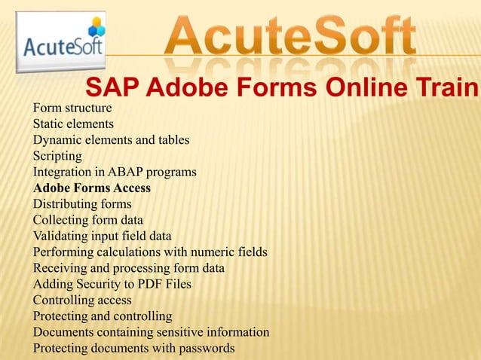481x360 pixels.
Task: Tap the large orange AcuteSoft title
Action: pyautogui.click(x=290, y=38)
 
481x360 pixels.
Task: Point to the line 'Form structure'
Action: pyautogui.click(x=72, y=108)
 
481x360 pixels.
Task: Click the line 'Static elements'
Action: pyautogui.click(x=73, y=124)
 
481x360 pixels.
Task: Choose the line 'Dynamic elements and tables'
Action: pyautogui.click(x=111, y=139)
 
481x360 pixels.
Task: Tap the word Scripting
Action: pyautogui.click(x=57, y=155)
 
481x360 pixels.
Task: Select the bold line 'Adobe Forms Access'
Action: pyautogui.click(x=92, y=188)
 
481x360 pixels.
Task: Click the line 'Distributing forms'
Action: pyautogui.click(x=82, y=203)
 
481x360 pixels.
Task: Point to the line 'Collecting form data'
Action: pyautogui.click(x=88, y=219)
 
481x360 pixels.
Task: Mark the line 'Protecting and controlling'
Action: pyautogui.click(x=103, y=316)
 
